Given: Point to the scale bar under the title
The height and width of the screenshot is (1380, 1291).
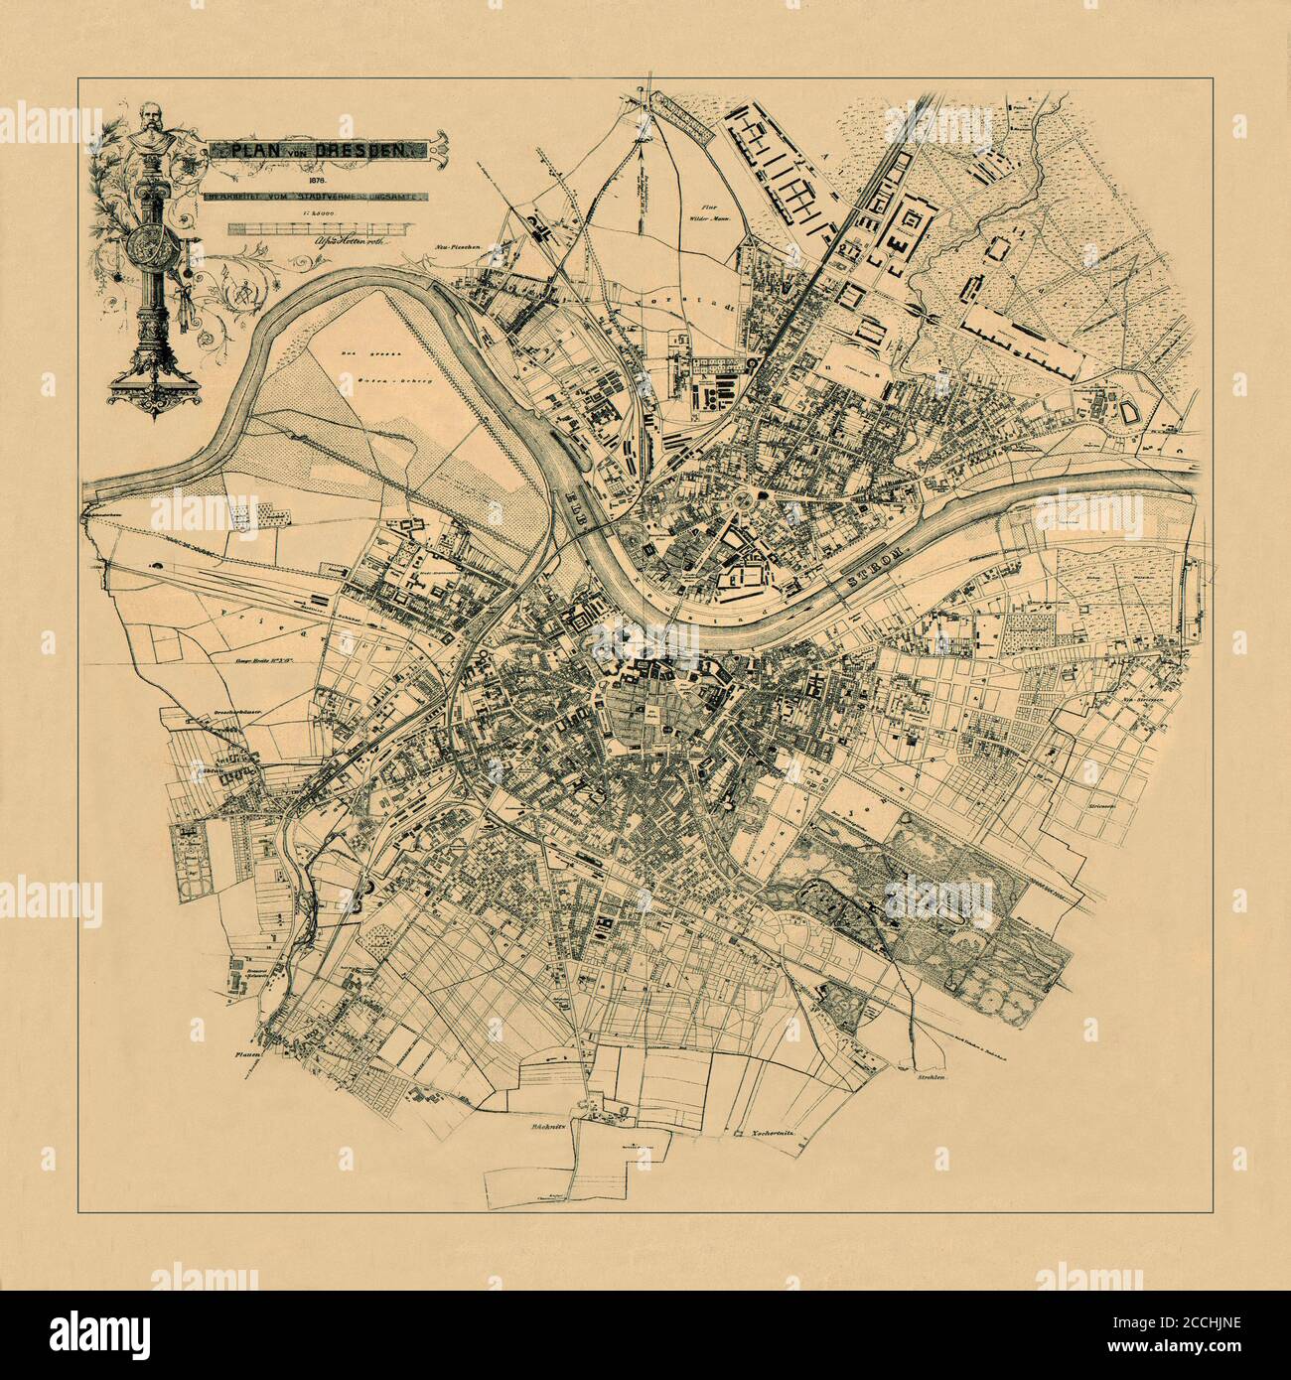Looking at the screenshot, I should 311,228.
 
